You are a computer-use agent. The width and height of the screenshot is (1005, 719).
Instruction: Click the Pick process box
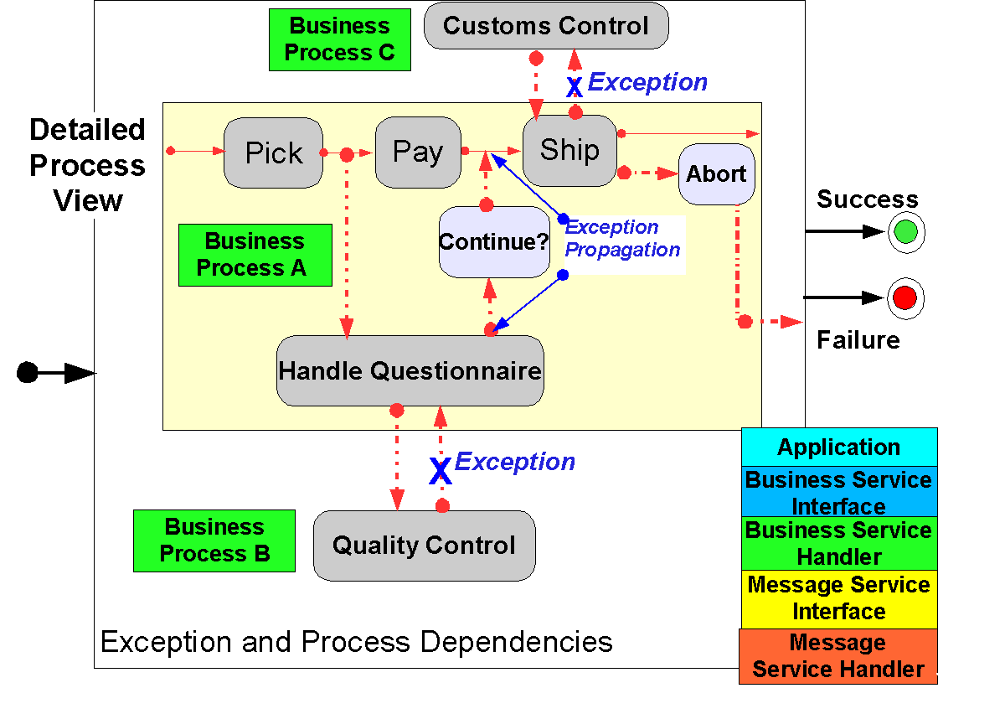pos(274,153)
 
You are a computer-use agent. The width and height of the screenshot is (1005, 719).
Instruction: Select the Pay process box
pos(418,152)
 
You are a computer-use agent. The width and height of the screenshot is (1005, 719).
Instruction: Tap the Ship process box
pos(569,150)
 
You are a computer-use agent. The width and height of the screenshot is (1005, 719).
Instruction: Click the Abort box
pos(716,174)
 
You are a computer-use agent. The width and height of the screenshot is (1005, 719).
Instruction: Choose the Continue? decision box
pos(494,242)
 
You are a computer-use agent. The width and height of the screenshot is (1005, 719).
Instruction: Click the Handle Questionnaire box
pos(410,370)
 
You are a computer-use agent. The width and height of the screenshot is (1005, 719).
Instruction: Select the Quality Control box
pos(424,546)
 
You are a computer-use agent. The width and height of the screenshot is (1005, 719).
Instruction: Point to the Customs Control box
pos(546,25)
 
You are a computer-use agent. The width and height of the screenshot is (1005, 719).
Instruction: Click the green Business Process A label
pos(255,255)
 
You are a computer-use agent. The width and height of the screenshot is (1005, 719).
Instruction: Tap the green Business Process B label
pos(214,541)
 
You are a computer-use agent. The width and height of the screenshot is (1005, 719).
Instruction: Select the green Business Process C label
pos(339,39)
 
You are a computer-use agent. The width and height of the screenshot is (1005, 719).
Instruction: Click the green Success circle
pos(905,232)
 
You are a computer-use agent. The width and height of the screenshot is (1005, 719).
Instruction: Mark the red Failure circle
pos(905,297)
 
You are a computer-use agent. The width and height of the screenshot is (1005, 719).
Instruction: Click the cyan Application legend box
pos(839,447)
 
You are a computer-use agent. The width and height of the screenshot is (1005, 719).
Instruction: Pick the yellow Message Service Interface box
pos(839,597)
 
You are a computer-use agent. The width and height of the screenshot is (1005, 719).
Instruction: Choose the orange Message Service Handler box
pos(837,656)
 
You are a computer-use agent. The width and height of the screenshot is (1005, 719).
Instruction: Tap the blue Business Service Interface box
pos(839,492)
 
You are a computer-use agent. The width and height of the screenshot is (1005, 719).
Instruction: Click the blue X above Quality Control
pos(441,471)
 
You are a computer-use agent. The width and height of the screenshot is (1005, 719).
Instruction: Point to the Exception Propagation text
pos(623,239)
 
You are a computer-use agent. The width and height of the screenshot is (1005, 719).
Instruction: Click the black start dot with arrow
pos(28,373)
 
